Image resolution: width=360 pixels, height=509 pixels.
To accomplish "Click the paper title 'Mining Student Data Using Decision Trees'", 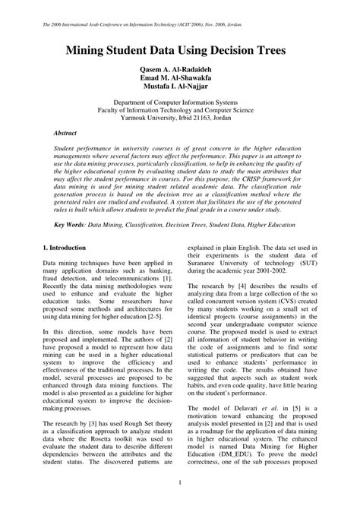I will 180,51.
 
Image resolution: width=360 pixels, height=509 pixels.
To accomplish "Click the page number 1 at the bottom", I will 180,482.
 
